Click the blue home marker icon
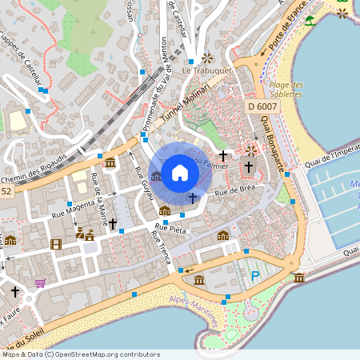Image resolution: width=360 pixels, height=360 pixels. click(180, 173)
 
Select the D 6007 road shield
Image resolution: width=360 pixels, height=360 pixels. click(262, 106)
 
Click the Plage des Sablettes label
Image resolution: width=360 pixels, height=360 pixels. click(286, 90)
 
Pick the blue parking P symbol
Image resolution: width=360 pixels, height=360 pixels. click(255, 276)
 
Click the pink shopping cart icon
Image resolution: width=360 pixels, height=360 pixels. click(40, 282)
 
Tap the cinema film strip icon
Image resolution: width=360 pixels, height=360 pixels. click(55, 243)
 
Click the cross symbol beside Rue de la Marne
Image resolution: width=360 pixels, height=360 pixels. click(113, 223)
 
